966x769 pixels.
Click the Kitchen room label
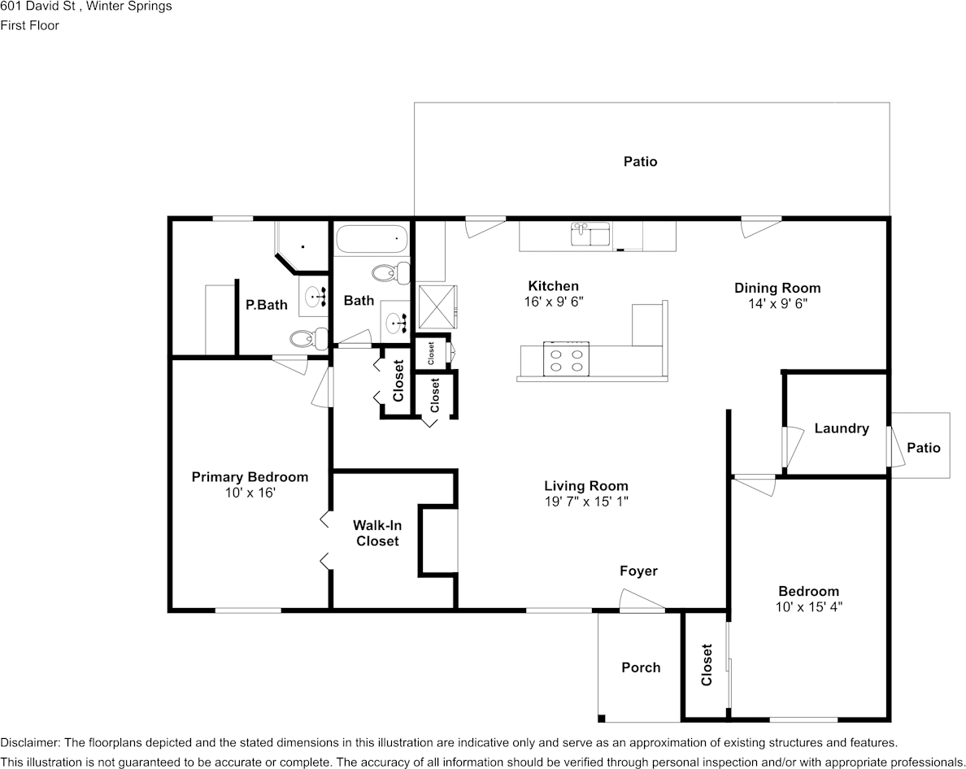(x=553, y=286)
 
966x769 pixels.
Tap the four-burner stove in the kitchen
(x=566, y=359)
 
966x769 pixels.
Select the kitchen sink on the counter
(x=591, y=235)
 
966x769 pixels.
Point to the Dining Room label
(x=777, y=288)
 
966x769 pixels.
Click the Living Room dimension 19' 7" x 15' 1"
(x=585, y=502)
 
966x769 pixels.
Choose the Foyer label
(x=638, y=571)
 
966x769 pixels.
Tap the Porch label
(x=641, y=667)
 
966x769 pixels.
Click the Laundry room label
(x=841, y=428)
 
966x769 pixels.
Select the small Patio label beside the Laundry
(x=923, y=448)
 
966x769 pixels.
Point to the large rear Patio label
(x=640, y=162)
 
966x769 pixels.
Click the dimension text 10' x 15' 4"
(x=808, y=606)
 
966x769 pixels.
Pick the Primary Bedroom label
(x=250, y=477)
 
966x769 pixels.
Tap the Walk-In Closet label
(x=376, y=533)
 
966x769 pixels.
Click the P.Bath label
(x=267, y=306)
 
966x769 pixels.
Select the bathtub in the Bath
(x=371, y=240)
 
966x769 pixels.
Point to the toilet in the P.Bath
(x=307, y=338)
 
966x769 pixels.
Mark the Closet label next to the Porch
(x=706, y=665)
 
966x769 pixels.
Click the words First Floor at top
(x=29, y=25)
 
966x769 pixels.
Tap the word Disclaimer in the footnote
(x=29, y=743)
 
